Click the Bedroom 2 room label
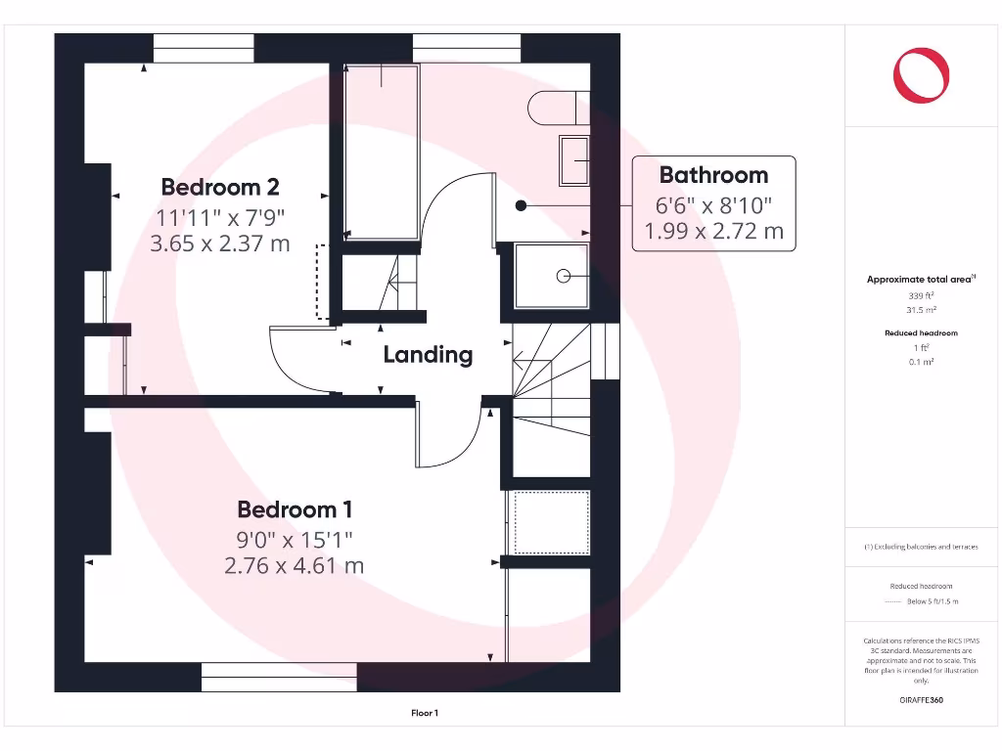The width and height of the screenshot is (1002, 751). pyautogui.click(x=220, y=187)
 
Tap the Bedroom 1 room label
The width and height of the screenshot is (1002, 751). pyautogui.click(x=295, y=509)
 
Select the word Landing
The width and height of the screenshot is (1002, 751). pyautogui.click(x=428, y=355)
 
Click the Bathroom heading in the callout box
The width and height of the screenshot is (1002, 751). pyautogui.click(x=713, y=176)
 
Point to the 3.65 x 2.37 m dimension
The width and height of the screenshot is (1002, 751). pyautogui.click(x=220, y=243)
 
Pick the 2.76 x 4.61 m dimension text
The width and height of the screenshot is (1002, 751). pyautogui.click(x=295, y=565)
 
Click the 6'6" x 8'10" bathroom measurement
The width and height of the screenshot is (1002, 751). pyautogui.click(x=713, y=205)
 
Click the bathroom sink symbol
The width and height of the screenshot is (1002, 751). pyautogui.click(x=573, y=160)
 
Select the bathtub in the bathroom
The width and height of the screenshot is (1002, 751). pyautogui.click(x=382, y=151)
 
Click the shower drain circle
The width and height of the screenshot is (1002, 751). pyautogui.click(x=563, y=277)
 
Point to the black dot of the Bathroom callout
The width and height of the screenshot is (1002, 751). pyautogui.click(x=522, y=205)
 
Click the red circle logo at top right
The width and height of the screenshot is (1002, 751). pyautogui.click(x=921, y=76)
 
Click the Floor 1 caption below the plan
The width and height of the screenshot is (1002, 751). pyautogui.click(x=424, y=714)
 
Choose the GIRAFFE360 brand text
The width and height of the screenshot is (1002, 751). pyautogui.click(x=921, y=700)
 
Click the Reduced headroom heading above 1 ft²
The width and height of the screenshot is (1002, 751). pyautogui.click(x=921, y=333)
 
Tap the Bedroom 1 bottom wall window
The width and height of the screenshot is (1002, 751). pyautogui.click(x=280, y=677)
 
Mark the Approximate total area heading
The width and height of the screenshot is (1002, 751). pyautogui.click(x=920, y=280)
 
